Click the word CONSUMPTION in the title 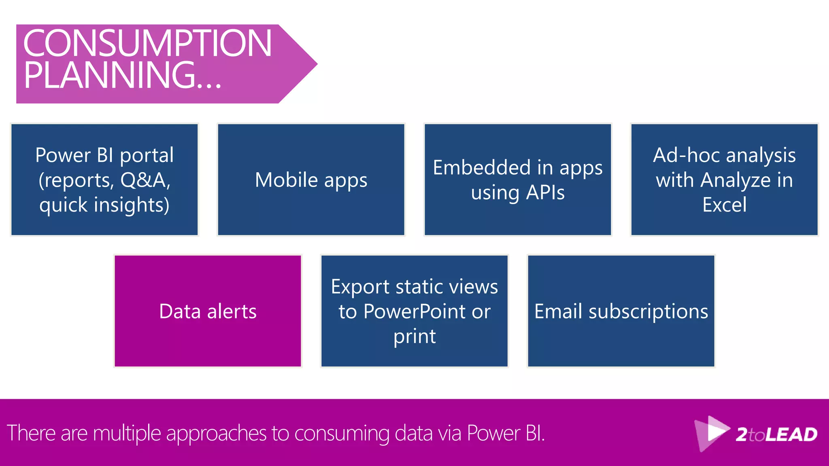147,43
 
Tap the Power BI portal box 104,180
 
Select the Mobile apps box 311,180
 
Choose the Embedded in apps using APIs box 518,180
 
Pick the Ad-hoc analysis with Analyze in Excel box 724,180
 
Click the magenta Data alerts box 208,311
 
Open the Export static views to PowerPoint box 414,311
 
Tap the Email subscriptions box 621,311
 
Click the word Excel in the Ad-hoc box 724,205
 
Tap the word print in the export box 414,337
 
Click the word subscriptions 648,312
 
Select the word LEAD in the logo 791,435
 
